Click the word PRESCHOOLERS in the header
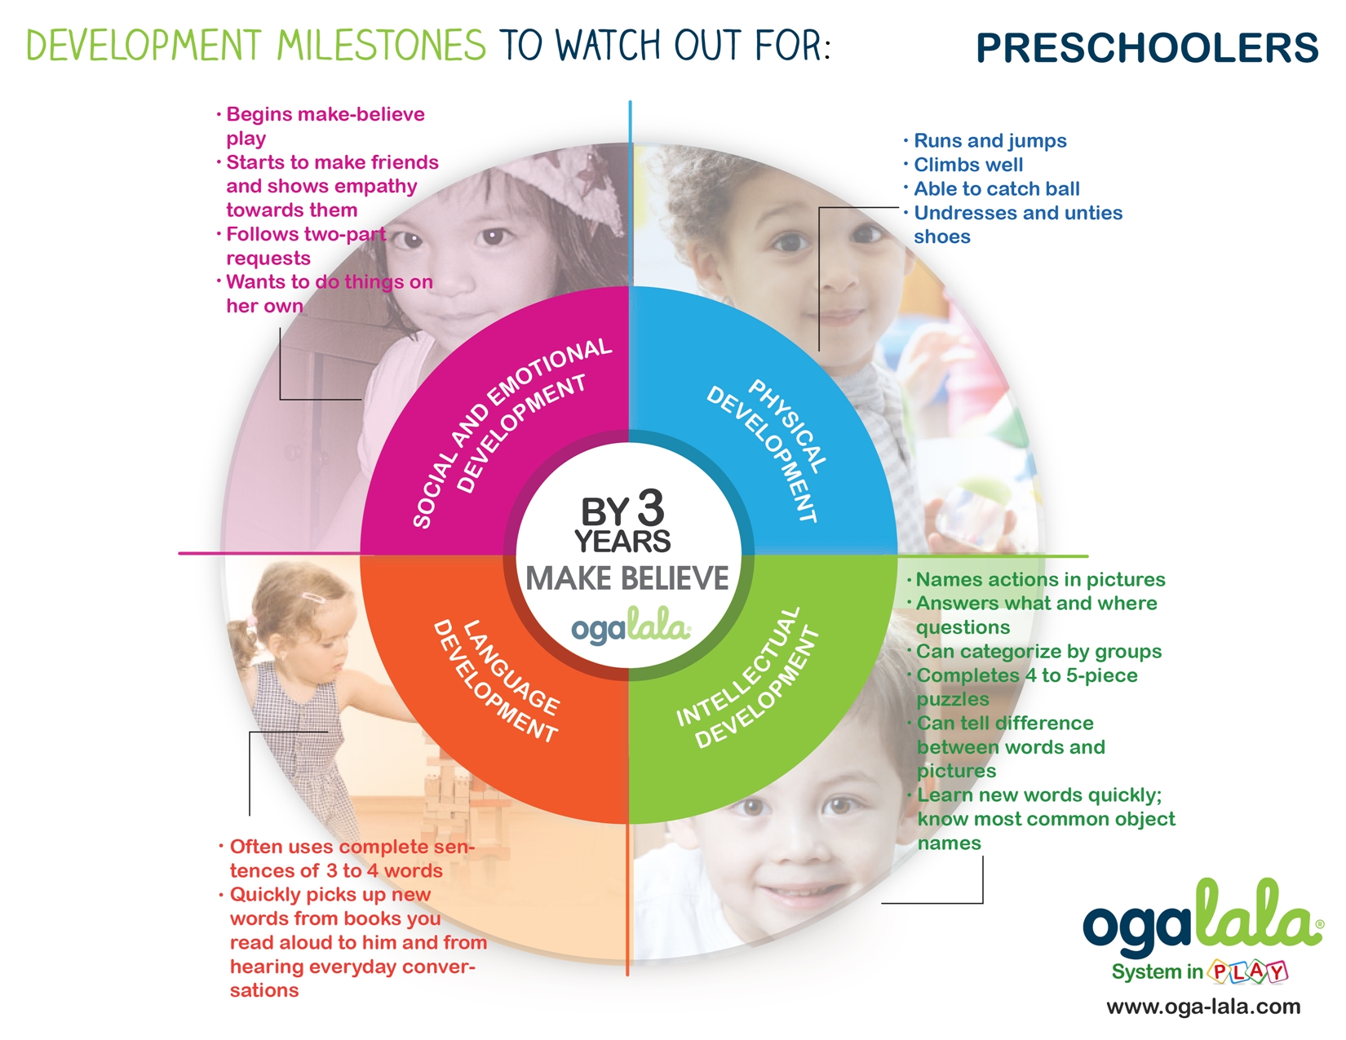[x=1147, y=47]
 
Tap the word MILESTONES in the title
[x=381, y=45]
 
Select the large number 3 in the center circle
[x=650, y=508]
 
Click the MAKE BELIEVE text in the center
[x=627, y=578]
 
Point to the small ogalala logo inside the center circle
[x=631, y=626]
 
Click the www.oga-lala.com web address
[x=1203, y=1007]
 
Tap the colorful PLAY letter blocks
[x=1247, y=971]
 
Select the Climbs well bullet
[x=964, y=165]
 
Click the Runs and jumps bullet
[x=985, y=141]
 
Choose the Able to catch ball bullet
[x=992, y=189]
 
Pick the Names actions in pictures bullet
[x=1036, y=580]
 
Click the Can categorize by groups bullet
[x=1034, y=652]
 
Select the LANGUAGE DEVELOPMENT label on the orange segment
[x=496, y=680]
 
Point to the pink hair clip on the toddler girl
[x=314, y=599]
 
